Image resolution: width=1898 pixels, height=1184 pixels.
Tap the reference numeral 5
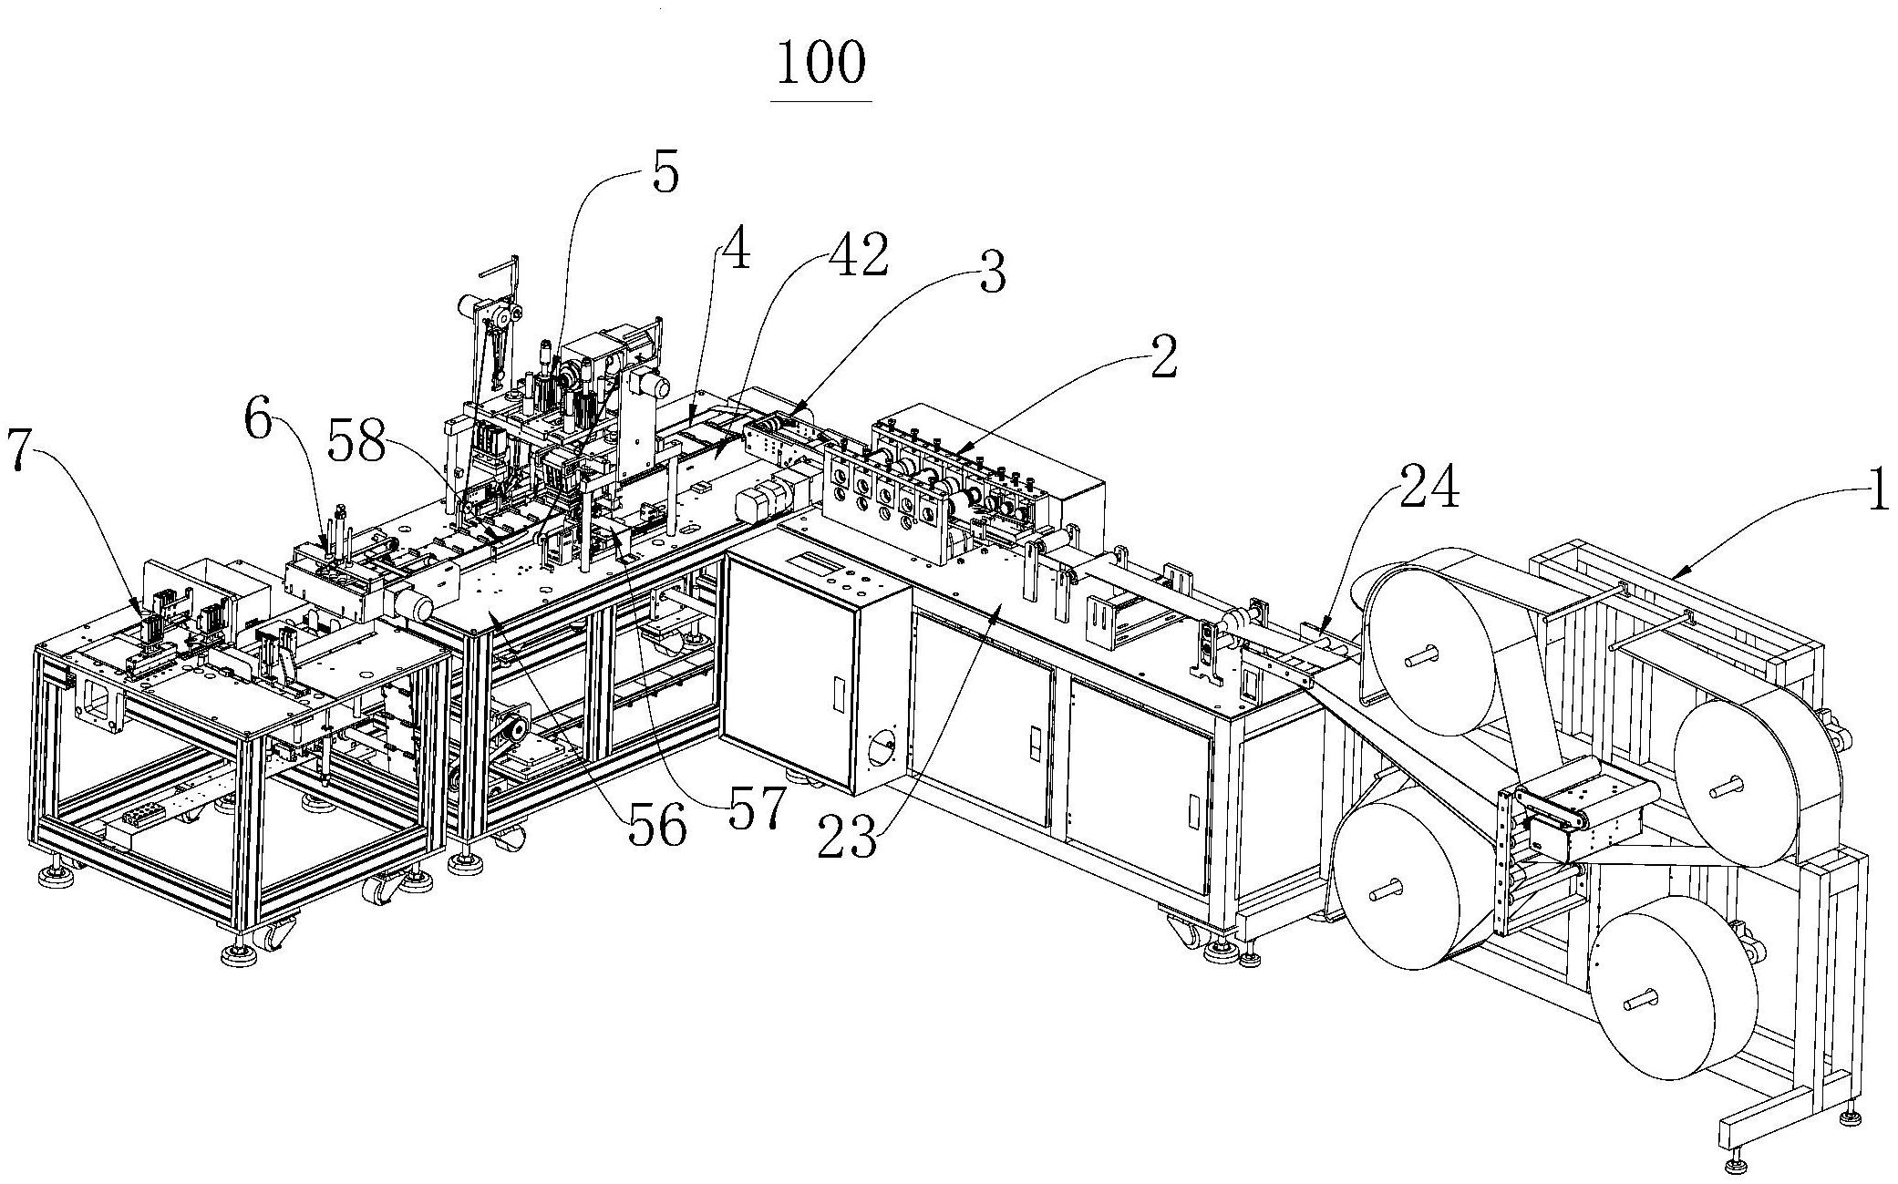(666, 174)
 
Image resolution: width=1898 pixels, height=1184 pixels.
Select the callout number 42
(859, 256)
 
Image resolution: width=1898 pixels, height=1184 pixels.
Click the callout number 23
(848, 837)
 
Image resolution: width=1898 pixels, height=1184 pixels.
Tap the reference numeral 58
(357, 446)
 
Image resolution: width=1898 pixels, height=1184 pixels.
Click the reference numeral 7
(25, 450)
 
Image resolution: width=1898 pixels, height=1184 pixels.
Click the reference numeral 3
(992, 273)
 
